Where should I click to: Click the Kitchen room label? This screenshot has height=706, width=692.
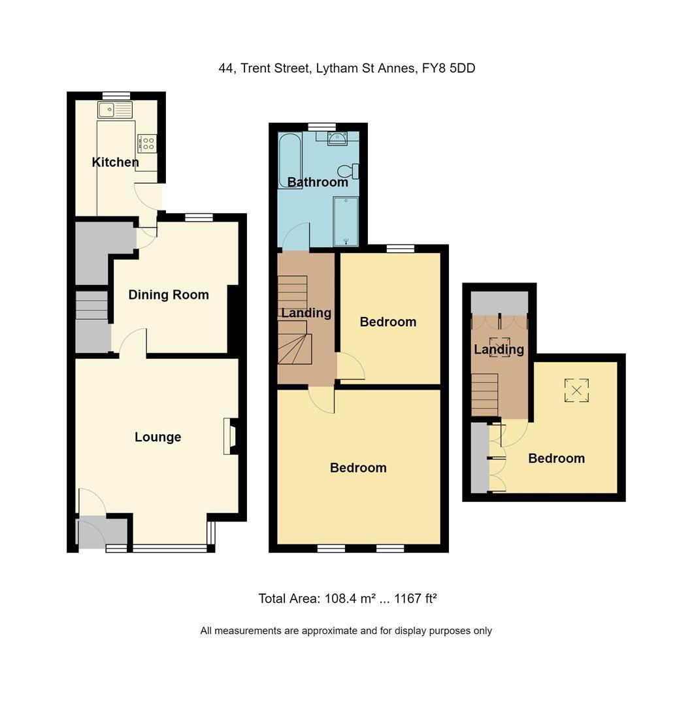pos(115,162)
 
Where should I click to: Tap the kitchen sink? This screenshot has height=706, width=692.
pos(115,110)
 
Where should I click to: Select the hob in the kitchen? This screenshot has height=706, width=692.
pos(147,143)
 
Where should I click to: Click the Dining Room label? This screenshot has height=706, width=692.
pos(169,295)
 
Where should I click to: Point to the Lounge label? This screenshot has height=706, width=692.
pos(157,437)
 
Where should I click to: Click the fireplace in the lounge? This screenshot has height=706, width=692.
pos(229,436)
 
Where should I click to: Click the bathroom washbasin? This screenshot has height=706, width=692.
pos(338,137)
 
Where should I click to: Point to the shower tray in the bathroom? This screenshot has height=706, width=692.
pos(346,221)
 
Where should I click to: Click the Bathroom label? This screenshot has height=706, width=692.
pos(318,182)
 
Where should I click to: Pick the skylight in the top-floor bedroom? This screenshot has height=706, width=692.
pos(576,391)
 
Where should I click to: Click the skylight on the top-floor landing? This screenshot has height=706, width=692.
pos(500,346)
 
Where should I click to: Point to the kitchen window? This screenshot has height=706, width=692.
pos(116,95)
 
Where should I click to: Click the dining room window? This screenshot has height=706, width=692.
pos(199,218)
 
